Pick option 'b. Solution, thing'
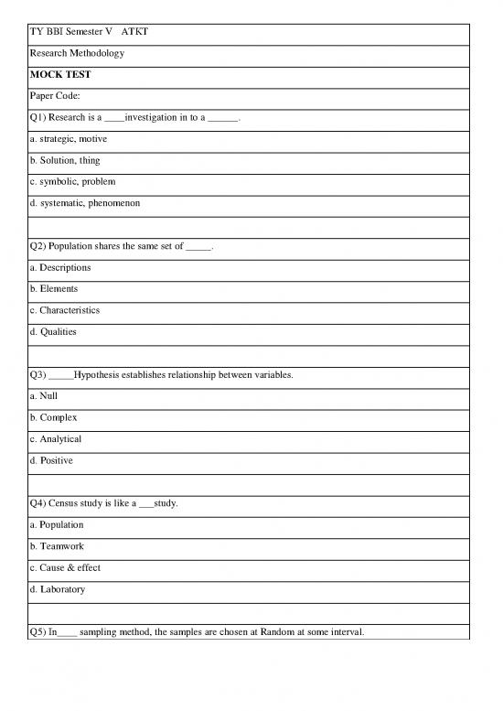tap(65, 160)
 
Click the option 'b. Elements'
tap(54, 288)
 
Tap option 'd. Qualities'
tap(53, 331)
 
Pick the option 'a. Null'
tap(43, 396)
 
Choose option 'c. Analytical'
tap(56, 439)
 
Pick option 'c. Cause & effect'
tap(65, 567)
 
